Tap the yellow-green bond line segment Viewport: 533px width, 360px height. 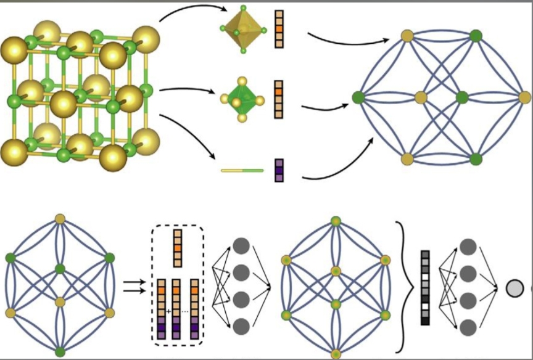(242, 170)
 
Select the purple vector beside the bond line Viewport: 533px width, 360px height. (279, 170)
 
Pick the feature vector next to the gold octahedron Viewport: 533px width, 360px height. (279, 28)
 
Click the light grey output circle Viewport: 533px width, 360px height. (513, 287)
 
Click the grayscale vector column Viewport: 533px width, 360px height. (424, 287)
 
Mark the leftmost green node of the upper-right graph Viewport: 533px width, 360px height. (357, 97)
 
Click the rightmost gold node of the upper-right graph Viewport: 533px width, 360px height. (525, 97)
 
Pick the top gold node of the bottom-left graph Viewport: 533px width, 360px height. (60, 218)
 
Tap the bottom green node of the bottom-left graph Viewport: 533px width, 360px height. (60, 352)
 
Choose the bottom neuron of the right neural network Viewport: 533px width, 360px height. (468, 325)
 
